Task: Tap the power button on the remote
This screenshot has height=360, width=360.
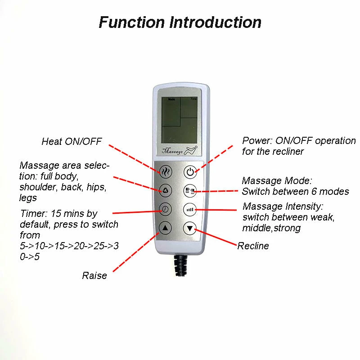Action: pos(190,172)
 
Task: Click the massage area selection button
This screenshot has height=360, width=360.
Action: pos(165,190)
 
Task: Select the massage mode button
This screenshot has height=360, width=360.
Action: pos(190,190)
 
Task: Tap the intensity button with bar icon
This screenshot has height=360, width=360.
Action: pos(190,209)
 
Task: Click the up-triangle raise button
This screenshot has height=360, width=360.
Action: pos(165,228)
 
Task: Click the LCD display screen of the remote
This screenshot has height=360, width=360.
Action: pos(179,120)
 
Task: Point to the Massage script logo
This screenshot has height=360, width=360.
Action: pos(179,151)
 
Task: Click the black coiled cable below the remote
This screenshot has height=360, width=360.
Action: pos(181,265)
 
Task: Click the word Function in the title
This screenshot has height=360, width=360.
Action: pos(132,22)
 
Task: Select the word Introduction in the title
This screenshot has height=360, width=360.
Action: pos(216,22)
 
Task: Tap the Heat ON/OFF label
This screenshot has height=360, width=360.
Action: pos(72,141)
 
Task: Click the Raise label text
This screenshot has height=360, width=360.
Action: pos(94,275)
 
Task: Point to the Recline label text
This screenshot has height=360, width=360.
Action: pos(253,246)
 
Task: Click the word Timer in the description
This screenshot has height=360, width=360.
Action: pos(34,213)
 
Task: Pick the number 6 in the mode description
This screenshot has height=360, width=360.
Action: pos(314,192)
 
